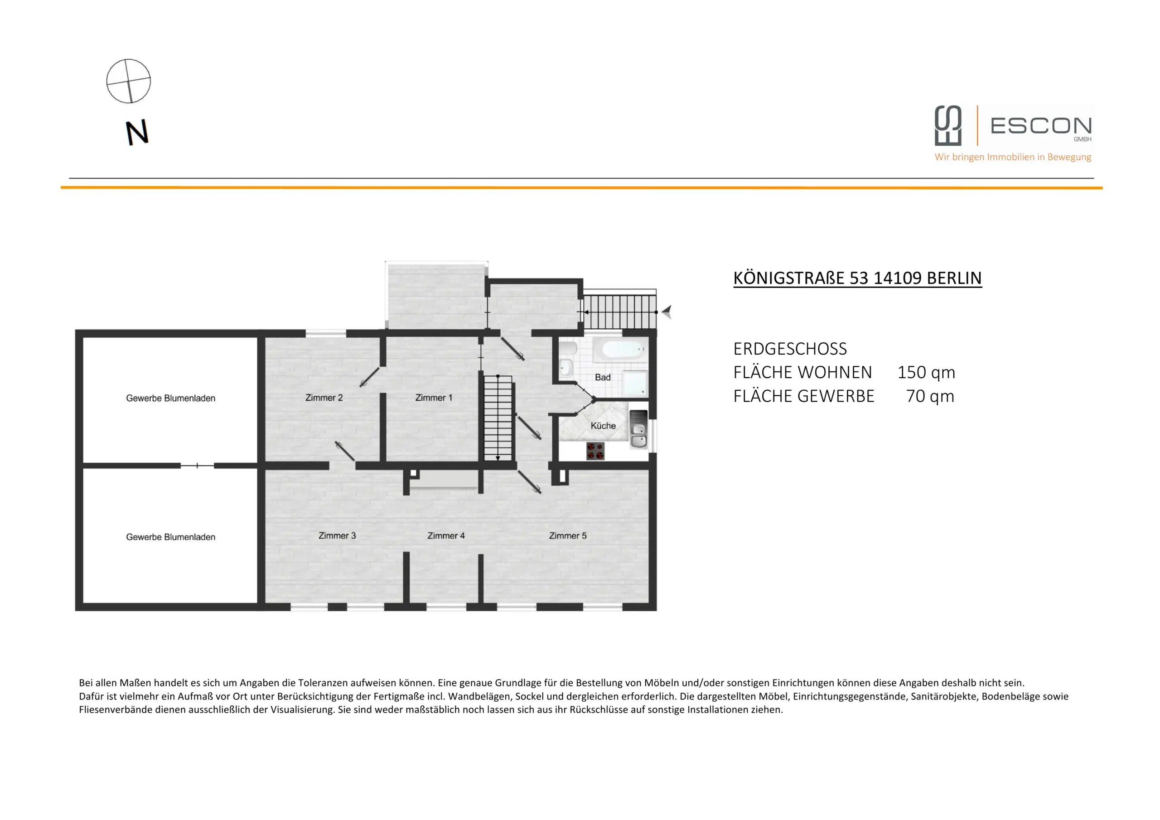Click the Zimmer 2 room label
pyautogui.click(x=324, y=398)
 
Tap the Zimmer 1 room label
pyautogui.click(x=434, y=398)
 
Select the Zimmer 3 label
pyautogui.click(x=337, y=536)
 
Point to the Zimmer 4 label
pyautogui.click(x=445, y=536)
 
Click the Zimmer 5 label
pyautogui.click(x=567, y=536)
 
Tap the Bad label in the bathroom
pyautogui.click(x=602, y=377)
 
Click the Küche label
pyautogui.click(x=603, y=426)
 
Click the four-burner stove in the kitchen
pyautogui.click(x=595, y=451)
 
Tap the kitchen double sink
pyautogui.click(x=638, y=435)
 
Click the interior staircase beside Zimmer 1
pyautogui.click(x=498, y=418)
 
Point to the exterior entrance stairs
pyautogui.click(x=620, y=312)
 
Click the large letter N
pyautogui.click(x=136, y=132)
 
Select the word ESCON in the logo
pyautogui.click(x=1041, y=126)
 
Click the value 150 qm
pyautogui.click(x=926, y=373)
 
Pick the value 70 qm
pyautogui.click(x=930, y=396)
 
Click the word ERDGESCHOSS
pyautogui.click(x=790, y=349)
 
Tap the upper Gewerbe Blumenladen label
pyautogui.click(x=170, y=398)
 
